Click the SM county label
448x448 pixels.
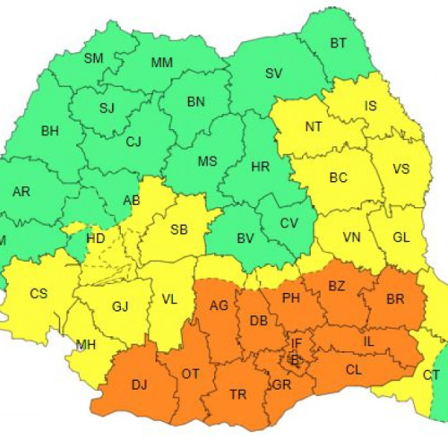point(93,59)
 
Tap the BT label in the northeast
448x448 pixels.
point(339,43)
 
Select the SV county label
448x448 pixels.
point(273,73)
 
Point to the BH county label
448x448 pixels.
point(50,131)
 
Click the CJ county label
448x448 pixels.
point(134,142)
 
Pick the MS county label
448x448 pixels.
point(207,161)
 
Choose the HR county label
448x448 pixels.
point(261,167)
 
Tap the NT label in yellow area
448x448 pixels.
point(314,126)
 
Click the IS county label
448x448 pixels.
point(370,106)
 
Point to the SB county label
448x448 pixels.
point(179,230)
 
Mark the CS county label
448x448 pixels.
point(39,293)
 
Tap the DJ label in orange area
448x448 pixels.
point(140,385)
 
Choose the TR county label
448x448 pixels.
point(238,394)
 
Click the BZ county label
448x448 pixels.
point(336,286)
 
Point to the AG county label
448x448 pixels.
point(219,306)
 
